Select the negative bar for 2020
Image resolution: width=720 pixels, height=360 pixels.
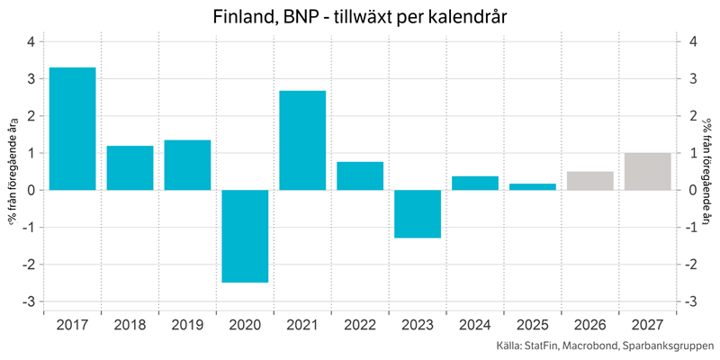245,236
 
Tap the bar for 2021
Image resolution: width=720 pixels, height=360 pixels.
302,140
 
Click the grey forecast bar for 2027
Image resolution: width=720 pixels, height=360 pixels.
648,171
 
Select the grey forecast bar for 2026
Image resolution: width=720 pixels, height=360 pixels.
590,181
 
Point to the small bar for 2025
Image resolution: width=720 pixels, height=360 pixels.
533,186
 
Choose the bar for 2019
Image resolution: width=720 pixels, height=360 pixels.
187,165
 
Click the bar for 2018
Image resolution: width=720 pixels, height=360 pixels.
130,167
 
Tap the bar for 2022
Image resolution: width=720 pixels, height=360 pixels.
360,175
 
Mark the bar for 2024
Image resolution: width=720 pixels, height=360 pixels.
475,183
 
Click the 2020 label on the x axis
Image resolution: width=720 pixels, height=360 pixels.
245,325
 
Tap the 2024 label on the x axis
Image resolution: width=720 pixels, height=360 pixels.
475,325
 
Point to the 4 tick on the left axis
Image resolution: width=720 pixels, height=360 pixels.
31,41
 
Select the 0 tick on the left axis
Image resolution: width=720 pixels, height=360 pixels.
31,190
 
